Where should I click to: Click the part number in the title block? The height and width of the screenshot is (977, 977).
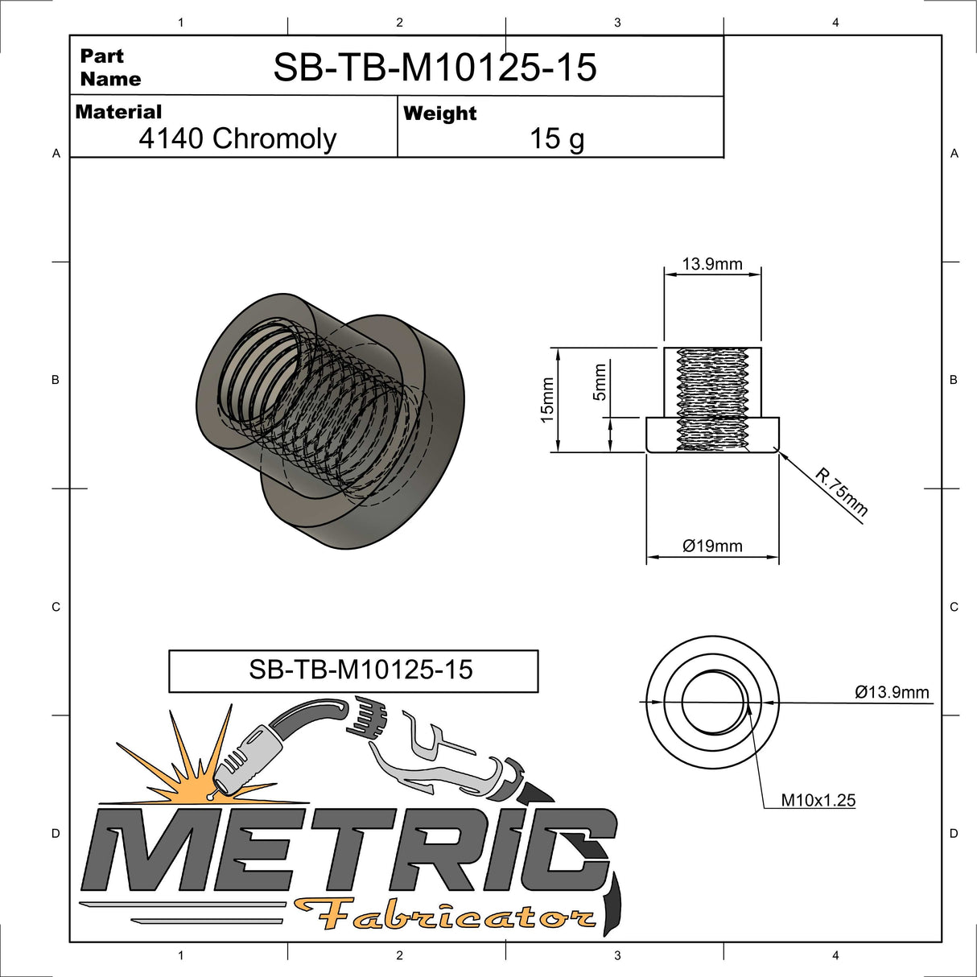(435, 68)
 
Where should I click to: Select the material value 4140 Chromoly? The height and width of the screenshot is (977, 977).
(237, 138)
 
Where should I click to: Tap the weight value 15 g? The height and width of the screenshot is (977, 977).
(556, 138)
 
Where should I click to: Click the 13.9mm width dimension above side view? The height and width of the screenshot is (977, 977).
(711, 264)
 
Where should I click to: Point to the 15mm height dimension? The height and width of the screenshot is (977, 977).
(547, 400)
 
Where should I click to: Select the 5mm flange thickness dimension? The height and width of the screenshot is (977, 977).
(600, 382)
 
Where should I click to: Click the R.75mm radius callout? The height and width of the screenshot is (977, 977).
(841, 492)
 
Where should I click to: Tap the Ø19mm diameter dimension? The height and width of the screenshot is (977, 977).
(712, 546)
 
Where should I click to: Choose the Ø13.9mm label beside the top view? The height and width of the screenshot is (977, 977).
(892, 692)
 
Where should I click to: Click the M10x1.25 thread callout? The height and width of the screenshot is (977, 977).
(818, 800)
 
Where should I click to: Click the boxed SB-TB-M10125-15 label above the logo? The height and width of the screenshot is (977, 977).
(361, 670)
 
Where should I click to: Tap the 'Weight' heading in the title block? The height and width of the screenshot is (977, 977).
(439, 113)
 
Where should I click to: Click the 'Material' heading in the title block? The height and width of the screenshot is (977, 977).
(118, 112)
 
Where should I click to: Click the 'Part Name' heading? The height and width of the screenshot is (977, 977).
(109, 68)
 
